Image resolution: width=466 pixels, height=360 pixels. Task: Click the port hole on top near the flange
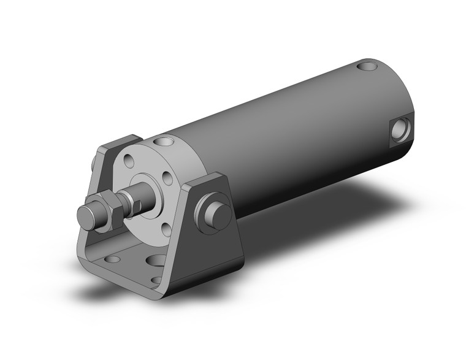coord(167,142)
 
